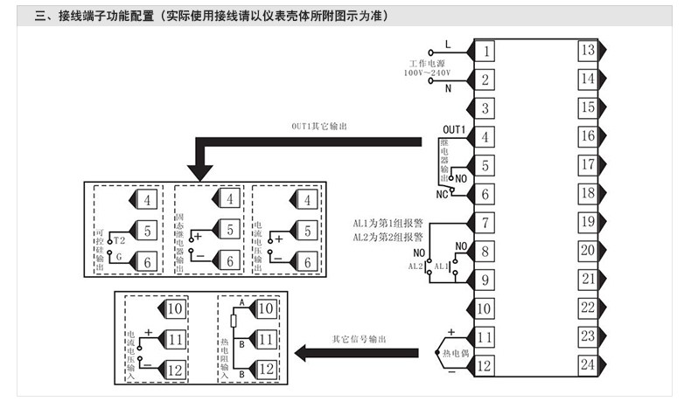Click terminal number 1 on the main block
[484, 51]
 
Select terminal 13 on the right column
[588, 50]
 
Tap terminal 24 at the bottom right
[588, 364]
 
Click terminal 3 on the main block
[484, 108]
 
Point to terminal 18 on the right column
[588, 193]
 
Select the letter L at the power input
[448, 44]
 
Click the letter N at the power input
[448, 88]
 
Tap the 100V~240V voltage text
[427, 74]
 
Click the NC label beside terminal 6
[443, 194]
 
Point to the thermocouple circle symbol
[440, 352]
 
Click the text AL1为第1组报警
[387, 224]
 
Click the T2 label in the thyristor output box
[119, 239]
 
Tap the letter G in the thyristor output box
[119, 258]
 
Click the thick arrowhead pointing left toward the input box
[304, 353]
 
